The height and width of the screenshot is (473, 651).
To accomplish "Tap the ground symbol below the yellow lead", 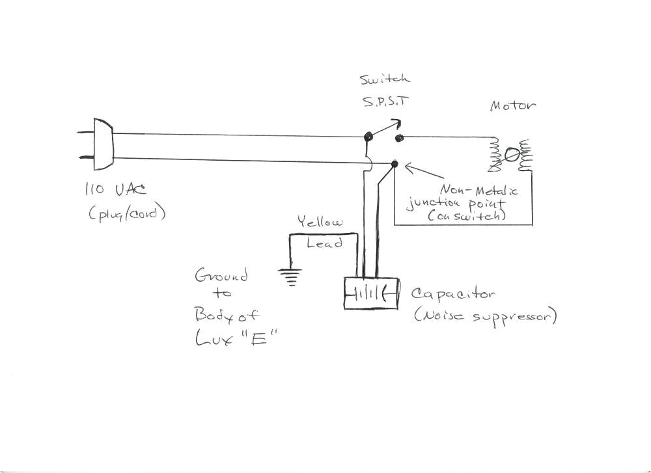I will pos(290,277).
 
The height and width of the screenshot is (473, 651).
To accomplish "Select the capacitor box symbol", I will pos(370,293).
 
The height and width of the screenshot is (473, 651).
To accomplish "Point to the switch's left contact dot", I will pos(368,137).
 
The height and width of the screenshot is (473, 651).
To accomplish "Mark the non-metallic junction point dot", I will pos(395,163).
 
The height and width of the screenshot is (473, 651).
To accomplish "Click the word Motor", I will pos(512,106).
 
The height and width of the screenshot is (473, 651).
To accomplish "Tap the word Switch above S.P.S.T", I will pos(385,80).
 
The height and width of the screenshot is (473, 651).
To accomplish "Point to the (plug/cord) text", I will pos(128,213).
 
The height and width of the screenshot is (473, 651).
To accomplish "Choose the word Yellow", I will pos(320,222).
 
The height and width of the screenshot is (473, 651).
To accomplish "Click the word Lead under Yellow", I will pos(324,243).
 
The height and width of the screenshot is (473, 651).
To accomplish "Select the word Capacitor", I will pos(453,294).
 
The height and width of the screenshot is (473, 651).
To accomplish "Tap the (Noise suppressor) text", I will pos(485,316).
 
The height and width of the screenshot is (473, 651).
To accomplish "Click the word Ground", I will pos(221,275).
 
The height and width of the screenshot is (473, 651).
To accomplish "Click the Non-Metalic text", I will pos(479,190).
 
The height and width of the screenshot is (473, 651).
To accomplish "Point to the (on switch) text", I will pos(467,215).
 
